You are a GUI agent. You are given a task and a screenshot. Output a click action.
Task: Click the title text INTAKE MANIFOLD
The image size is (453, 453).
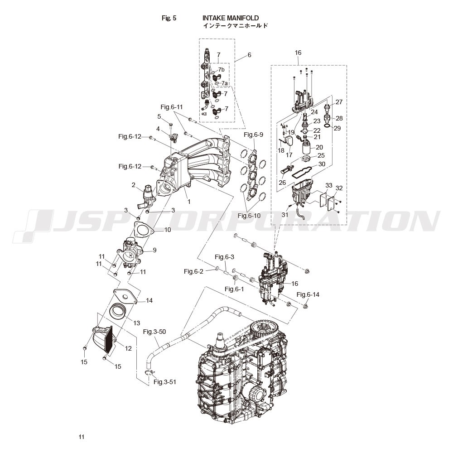coord(231,18)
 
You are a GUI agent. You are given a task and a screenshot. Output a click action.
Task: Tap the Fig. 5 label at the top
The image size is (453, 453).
coord(169,18)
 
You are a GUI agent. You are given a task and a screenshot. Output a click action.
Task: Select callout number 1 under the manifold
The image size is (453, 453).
coord(189,202)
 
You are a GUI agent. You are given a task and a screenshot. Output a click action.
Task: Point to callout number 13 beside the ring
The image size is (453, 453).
coord(137,323)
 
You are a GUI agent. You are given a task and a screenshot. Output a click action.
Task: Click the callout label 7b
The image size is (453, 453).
coord(222,70)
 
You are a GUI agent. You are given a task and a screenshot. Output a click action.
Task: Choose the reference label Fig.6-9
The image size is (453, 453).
coord(253,135)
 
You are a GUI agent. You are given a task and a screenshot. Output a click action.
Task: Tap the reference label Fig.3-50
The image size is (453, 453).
coord(154,332)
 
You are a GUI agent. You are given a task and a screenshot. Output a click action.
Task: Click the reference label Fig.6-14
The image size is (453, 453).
coord(308,294)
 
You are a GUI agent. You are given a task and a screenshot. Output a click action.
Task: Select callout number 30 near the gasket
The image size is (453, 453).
coord(322,164)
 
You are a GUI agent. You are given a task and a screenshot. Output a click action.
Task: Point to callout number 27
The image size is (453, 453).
coord(339,101)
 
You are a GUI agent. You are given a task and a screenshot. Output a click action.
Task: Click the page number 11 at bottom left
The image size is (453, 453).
coord(82,437)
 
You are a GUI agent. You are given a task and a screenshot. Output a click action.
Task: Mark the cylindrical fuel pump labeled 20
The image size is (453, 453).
coord(308,148)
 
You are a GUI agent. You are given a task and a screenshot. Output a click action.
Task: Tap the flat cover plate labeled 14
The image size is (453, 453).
coord(125,296)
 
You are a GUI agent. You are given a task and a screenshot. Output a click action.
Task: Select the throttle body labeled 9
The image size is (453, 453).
coord(129,252)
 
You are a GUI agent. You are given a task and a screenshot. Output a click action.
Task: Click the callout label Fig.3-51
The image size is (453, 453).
coord(165,382)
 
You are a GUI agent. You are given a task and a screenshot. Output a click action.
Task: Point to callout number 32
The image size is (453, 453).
coord(339,188)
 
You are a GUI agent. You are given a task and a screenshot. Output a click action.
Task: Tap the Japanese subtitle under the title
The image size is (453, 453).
coord(236,26)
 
